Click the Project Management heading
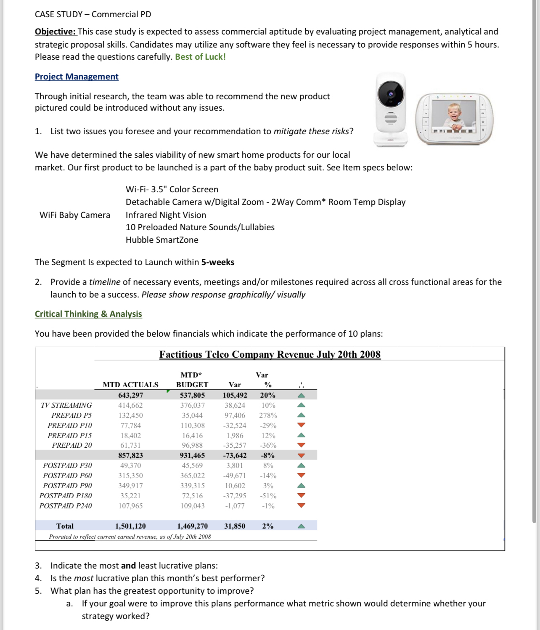pos(77,77)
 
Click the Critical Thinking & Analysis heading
pos(88,314)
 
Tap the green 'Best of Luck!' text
pos(200,57)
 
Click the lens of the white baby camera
pos(391,94)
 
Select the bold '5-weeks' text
pos(217,262)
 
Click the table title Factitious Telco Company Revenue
pos(270,354)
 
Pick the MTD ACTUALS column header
pos(130,385)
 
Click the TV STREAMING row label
pos(66,405)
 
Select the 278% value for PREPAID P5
pos(268,415)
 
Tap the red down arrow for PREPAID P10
pos(301,425)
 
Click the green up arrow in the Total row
pos(301,526)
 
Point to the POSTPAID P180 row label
pos(66,496)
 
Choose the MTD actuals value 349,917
pos(130,486)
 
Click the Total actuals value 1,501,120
pos(130,526)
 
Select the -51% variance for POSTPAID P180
pos(268,496)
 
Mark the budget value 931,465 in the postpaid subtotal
pos(192,455)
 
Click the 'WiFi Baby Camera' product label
pos(75,215)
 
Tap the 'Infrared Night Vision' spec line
pos(166,215)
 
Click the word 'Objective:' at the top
pos(55,32)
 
